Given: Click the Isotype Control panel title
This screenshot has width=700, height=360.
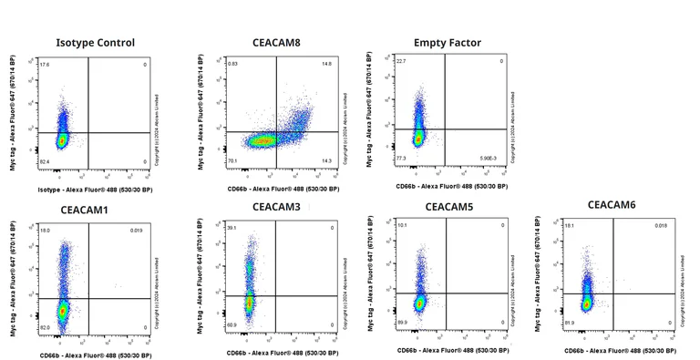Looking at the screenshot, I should [95, 43].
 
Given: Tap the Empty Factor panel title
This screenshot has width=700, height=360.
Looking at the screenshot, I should [447, 43].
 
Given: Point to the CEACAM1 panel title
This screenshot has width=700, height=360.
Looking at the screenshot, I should [84, 211].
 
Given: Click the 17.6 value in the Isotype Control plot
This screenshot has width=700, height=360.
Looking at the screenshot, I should [44, 65].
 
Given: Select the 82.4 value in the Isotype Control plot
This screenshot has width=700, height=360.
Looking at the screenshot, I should [44, 161].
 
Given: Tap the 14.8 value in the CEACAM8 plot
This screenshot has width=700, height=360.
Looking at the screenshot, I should [325, 64].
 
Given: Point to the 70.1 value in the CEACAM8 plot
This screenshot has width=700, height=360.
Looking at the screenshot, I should [233, 161].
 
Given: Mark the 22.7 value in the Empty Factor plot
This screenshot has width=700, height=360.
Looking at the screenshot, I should [401, 61].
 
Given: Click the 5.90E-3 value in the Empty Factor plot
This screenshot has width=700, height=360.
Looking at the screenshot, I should [489, 159].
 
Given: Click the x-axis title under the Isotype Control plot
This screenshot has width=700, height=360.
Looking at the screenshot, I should [95, 189].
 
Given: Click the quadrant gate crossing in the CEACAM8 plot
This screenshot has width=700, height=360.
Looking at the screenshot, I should [277, 132].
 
